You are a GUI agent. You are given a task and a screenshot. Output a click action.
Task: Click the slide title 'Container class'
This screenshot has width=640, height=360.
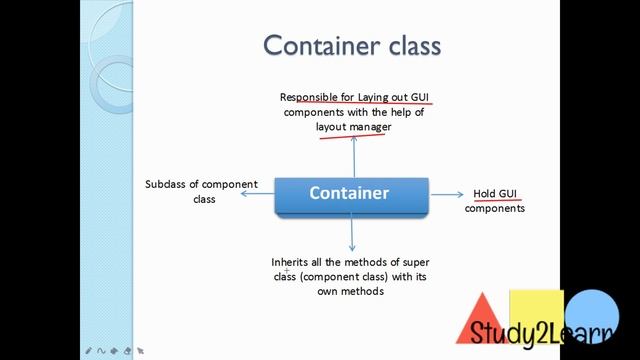[351, 46]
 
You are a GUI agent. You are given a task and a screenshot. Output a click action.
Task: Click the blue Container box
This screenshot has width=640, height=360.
[350, 194]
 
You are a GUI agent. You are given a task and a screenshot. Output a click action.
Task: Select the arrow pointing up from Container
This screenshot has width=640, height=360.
[352, 156]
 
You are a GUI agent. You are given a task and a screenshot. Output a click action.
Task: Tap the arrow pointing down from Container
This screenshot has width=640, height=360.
[352, 233]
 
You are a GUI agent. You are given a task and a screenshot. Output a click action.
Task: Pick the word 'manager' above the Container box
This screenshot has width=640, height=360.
[370, 127]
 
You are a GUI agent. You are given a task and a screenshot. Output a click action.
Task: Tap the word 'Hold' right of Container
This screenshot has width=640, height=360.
[485, 193]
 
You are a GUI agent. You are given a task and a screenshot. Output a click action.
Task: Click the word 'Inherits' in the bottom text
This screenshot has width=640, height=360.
[291, 262]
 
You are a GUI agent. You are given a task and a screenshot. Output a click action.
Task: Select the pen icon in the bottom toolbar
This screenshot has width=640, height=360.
[89, 351]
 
